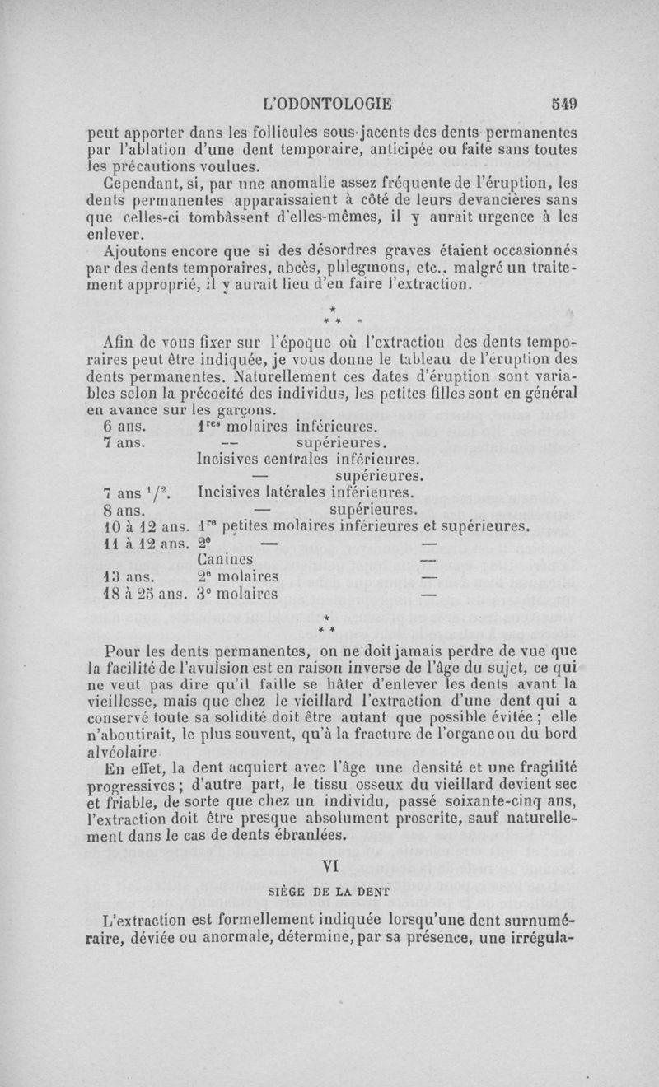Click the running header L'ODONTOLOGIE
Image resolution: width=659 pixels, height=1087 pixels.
[x=325, y=105]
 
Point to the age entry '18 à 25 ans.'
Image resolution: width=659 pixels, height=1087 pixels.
[x=143, y=592]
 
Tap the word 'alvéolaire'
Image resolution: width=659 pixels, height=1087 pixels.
[x=123, y=753]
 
